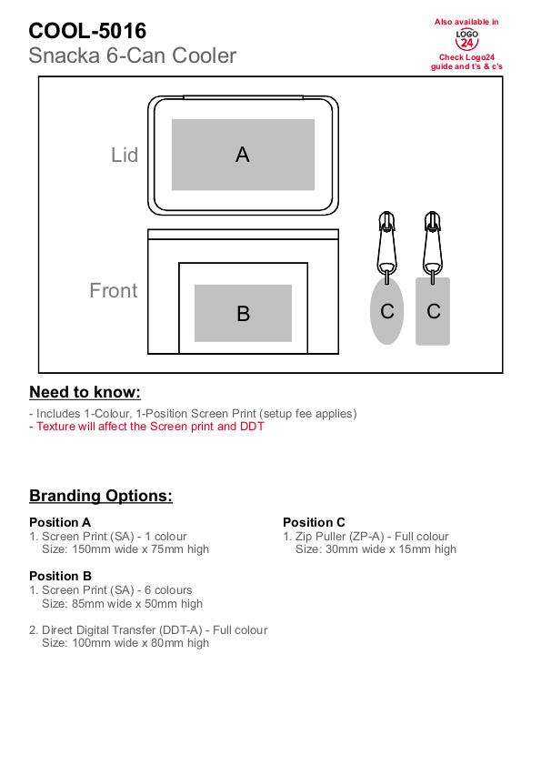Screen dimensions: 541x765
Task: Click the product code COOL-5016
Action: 87,31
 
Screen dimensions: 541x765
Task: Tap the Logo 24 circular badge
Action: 466,39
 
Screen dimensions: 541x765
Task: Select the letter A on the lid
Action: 243,155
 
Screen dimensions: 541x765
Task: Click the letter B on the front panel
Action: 243,314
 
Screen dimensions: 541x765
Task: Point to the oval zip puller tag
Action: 386,311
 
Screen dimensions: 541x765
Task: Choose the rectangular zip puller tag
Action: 433,311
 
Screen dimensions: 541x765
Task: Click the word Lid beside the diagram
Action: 125,155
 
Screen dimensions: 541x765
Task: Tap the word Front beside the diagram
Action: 113,290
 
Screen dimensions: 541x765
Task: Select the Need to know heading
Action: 85,392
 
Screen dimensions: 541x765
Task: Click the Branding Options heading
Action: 101,495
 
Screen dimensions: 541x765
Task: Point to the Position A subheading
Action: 60,522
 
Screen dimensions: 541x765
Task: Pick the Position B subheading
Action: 61,576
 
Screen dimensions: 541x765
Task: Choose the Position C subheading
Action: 315,522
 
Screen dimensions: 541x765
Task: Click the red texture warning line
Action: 146,426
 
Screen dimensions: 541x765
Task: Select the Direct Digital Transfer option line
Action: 148,629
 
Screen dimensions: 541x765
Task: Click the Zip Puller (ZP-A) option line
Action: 366,536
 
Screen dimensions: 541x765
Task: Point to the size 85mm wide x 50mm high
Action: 122,603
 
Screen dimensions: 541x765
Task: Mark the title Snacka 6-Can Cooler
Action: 133,55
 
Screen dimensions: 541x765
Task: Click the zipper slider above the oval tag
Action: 386,243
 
